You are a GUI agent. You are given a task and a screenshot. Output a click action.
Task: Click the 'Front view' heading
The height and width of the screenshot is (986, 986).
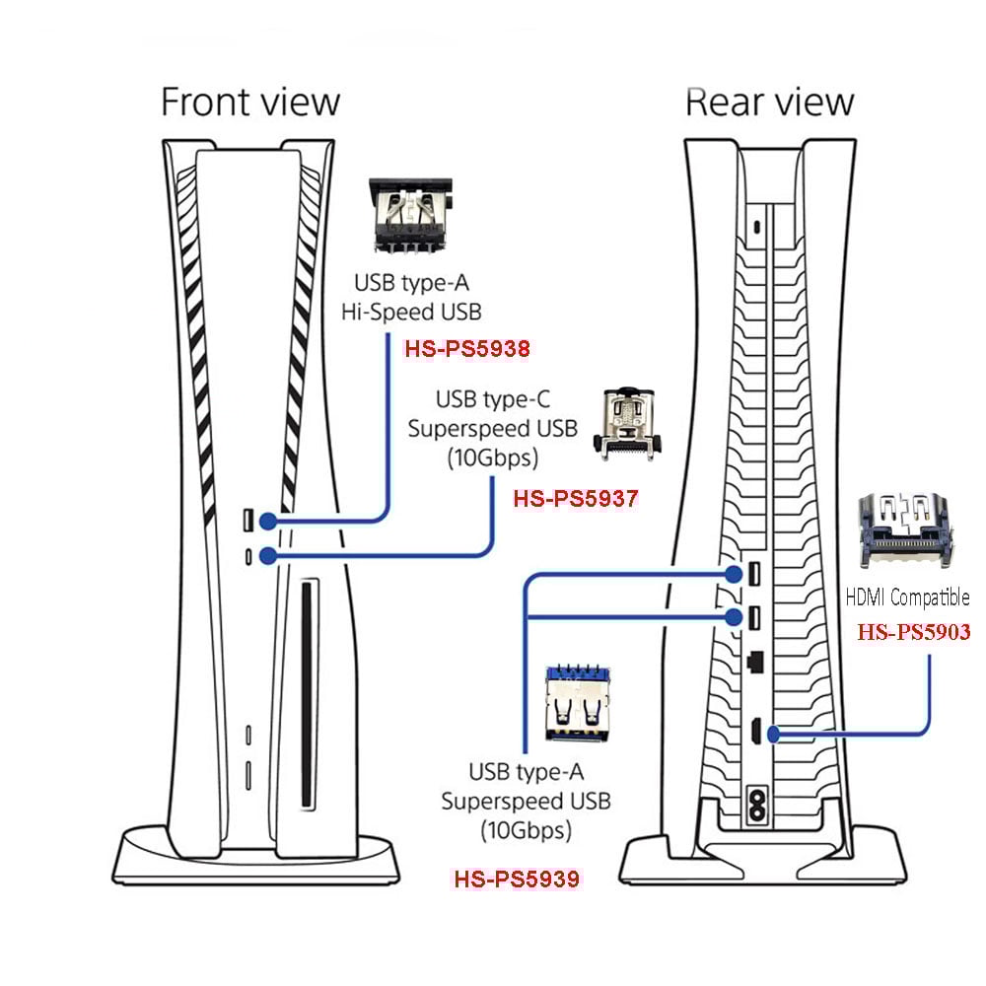pyautogui.click(x=250, y=103)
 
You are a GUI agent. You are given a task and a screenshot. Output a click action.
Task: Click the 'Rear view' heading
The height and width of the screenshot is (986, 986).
pyautogui.click(x=769, y=103)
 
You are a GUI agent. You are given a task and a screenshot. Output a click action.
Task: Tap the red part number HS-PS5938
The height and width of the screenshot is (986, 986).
pyautogui.click(x=468, y=348)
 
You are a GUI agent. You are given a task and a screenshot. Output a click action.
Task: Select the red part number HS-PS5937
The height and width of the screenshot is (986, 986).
pyautogui.click(x=576, y=499)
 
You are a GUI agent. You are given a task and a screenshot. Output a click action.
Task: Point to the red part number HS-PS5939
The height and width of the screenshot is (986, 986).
pyautogui.click(x=516, y=877)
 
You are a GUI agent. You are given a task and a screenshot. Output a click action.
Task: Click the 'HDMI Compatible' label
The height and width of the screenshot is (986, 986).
pyautogui.click(x=907, y=598)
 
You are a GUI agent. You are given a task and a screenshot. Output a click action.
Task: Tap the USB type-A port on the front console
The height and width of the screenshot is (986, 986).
pyautogui.click(x=247, y=519)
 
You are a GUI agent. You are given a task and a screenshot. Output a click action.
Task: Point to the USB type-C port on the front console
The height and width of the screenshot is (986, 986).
pyautogui.click(x=247, y=555)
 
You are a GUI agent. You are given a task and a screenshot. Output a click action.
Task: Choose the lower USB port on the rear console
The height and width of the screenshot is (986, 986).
pyautogui.click(x=754, y=618)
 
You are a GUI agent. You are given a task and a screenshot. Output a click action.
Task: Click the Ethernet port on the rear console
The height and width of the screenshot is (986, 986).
pyautogui.click(x=754, y=660)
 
